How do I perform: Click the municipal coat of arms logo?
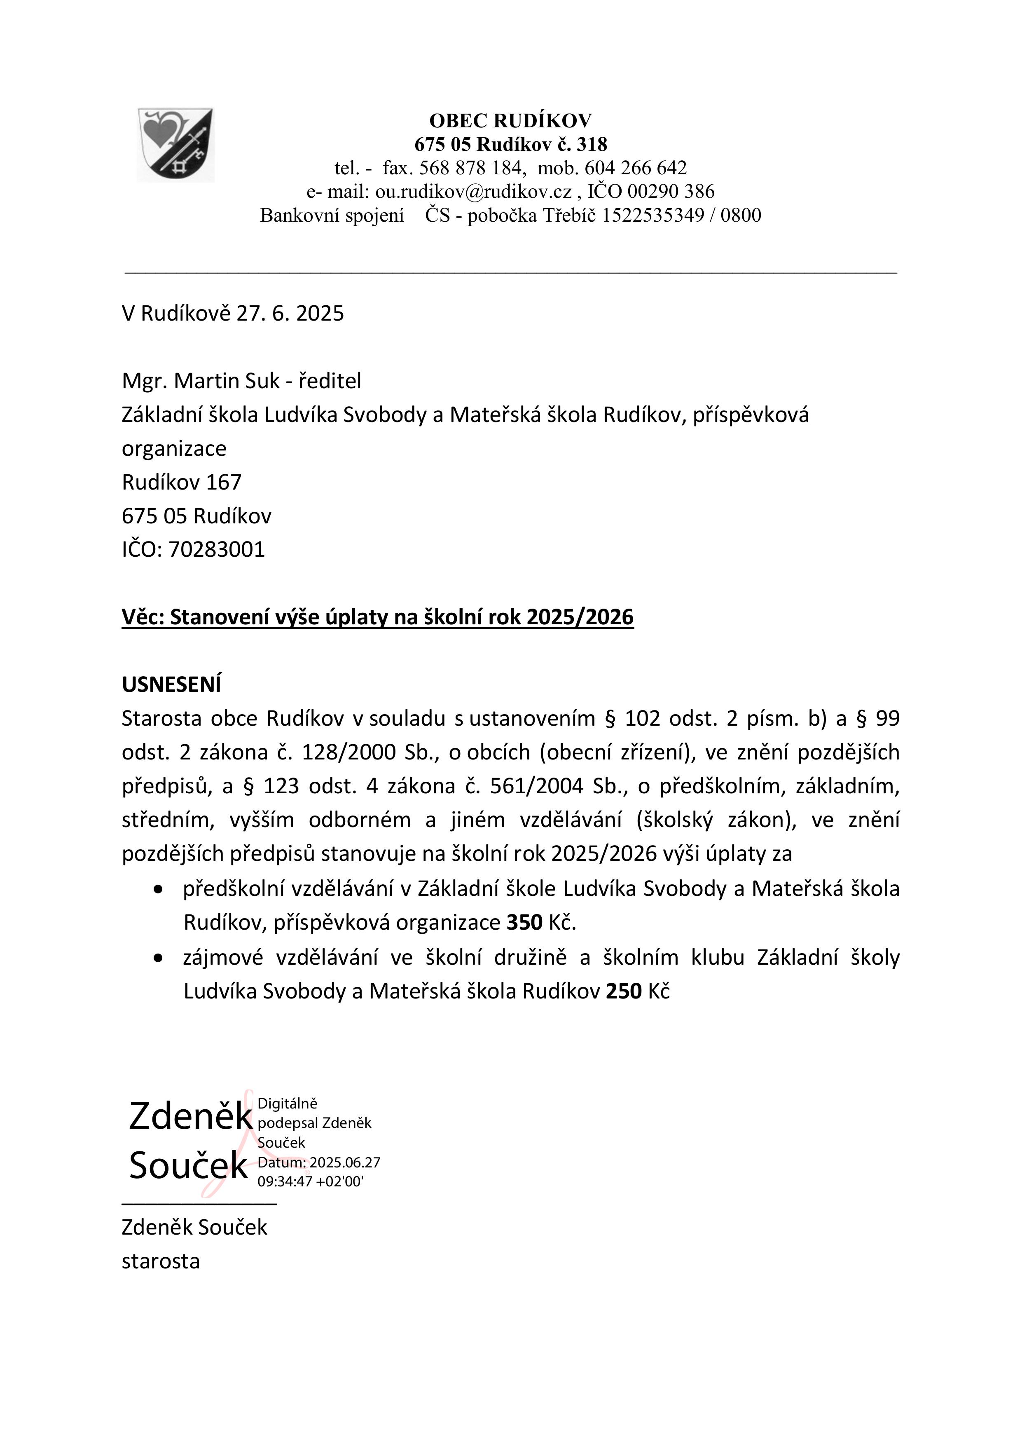coord(175,145)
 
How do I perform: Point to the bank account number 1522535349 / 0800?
coord(681,216)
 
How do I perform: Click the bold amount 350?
coord(524,923)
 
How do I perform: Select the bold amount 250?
coord(623,991)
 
